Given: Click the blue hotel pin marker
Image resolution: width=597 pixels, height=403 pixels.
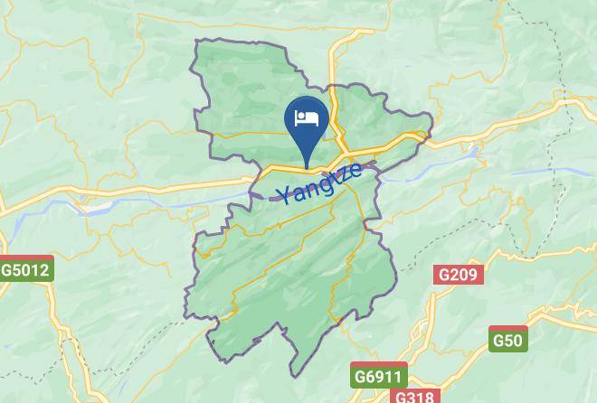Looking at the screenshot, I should [x=306, y=122].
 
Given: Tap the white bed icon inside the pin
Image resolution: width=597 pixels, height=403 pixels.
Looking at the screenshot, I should [x=306, y=117].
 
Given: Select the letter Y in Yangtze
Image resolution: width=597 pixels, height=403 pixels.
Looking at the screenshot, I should [x=284, y=195].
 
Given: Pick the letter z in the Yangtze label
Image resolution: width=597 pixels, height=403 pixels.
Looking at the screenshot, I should [x=343, y=174].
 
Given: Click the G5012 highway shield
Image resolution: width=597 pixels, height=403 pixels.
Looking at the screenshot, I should [x=24, y=269].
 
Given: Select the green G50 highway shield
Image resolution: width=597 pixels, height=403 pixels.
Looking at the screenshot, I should [x=507, y=340].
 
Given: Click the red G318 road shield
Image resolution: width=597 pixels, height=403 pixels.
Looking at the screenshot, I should [x=416, y=397].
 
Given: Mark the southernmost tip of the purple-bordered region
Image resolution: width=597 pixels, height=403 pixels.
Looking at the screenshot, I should [x=292, y=374].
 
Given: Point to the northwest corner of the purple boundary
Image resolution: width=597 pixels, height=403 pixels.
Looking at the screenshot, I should [x=197, y=41].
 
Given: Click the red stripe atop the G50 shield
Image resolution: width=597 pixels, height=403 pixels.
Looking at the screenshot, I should [x=507, y=329].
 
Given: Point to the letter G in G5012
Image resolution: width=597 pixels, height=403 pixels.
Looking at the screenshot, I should [x=7, y=270].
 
